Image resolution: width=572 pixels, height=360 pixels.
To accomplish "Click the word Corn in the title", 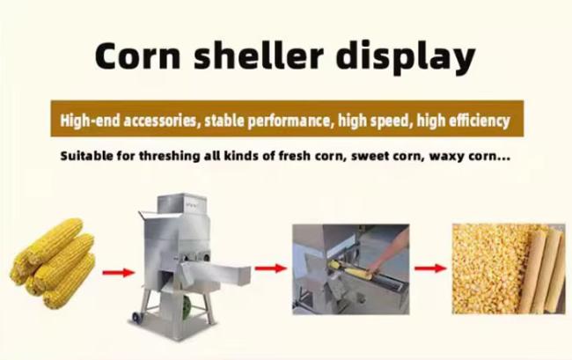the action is coord(137,55).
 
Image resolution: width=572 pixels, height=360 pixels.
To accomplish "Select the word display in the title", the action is coord(406,57).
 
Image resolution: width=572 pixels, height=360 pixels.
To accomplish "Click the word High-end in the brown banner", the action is coord(90,120).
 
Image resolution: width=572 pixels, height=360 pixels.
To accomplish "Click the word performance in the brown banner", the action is coord(288,121).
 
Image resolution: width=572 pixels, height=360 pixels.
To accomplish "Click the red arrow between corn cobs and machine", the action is coord(119,273).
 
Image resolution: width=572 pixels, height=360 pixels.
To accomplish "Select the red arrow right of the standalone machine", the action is coord(271,268).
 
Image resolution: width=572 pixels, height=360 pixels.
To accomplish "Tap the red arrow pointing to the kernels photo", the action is coord(430,268).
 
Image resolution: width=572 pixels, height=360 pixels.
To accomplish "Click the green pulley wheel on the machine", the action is coord(187,306).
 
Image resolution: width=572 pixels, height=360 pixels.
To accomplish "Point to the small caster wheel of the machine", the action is coord(136,318).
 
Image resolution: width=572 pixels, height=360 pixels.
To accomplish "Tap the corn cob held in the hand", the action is coord(351,270).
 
